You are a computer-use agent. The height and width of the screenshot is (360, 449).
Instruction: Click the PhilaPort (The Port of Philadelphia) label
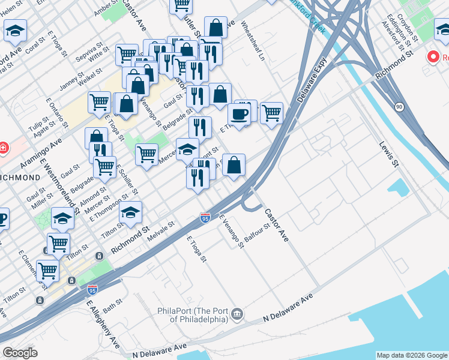[192, 314]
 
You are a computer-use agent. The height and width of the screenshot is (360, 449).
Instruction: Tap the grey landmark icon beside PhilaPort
[237, 314]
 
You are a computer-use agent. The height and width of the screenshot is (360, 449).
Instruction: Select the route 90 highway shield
[399, 107]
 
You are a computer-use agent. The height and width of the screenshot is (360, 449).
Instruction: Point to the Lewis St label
[388, 154]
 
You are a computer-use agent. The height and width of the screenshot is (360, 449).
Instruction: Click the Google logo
[20, 353]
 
